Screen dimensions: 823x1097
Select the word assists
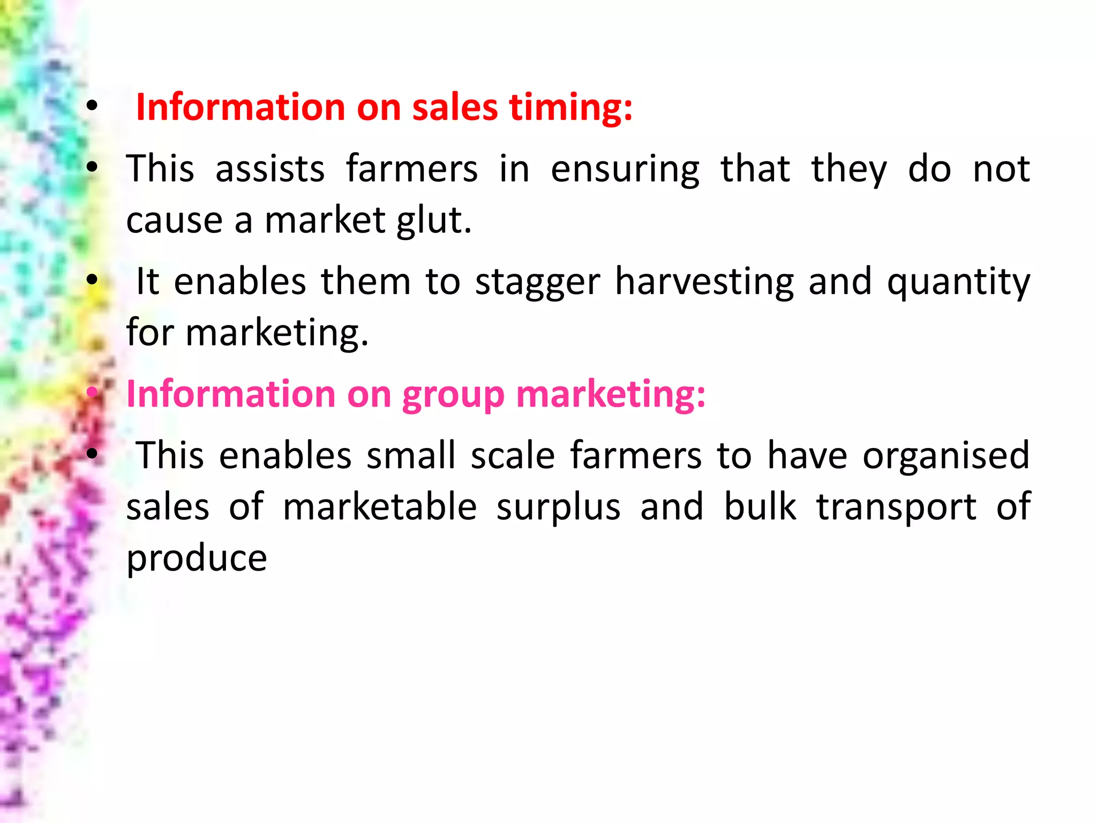click(270, 169)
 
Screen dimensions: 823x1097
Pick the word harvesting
click(704, 283)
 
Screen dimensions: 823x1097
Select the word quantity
click(958, 283)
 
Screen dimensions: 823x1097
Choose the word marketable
click(380, 507)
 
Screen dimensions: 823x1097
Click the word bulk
click(760, 507)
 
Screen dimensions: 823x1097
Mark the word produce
click(197, 559)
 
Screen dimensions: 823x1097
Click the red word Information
click(241, 107)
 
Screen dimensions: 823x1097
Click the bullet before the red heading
click(92, 106)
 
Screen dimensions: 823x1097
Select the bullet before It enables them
click(92, 279)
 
